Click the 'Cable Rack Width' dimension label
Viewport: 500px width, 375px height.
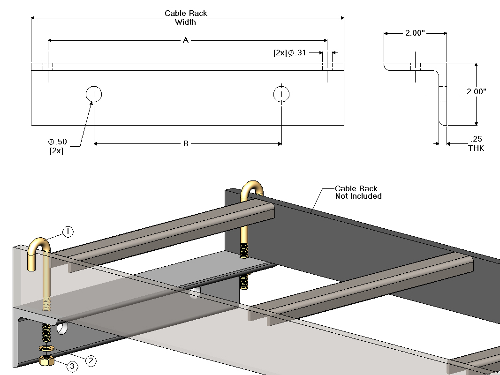186,18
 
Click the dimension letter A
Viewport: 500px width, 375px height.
186,41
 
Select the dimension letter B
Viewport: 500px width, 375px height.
186,143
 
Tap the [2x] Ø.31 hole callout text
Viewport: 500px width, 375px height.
289,53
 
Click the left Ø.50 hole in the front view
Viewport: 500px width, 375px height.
94,94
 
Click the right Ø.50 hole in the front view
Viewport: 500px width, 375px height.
281,94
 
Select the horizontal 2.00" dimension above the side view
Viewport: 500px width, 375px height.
415,33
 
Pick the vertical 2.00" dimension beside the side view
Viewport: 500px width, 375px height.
476,92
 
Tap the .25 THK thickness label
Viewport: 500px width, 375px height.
476,143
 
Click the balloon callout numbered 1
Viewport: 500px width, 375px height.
68,232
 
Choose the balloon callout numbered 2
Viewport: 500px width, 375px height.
91,360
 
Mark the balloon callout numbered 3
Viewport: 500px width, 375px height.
72,367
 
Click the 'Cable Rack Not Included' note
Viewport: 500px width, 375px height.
358,192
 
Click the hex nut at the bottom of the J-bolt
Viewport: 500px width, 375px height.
47,360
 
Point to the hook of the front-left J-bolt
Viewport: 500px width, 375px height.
38,248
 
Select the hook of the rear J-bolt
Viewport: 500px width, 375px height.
252,187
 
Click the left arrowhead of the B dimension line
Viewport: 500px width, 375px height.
96,143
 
